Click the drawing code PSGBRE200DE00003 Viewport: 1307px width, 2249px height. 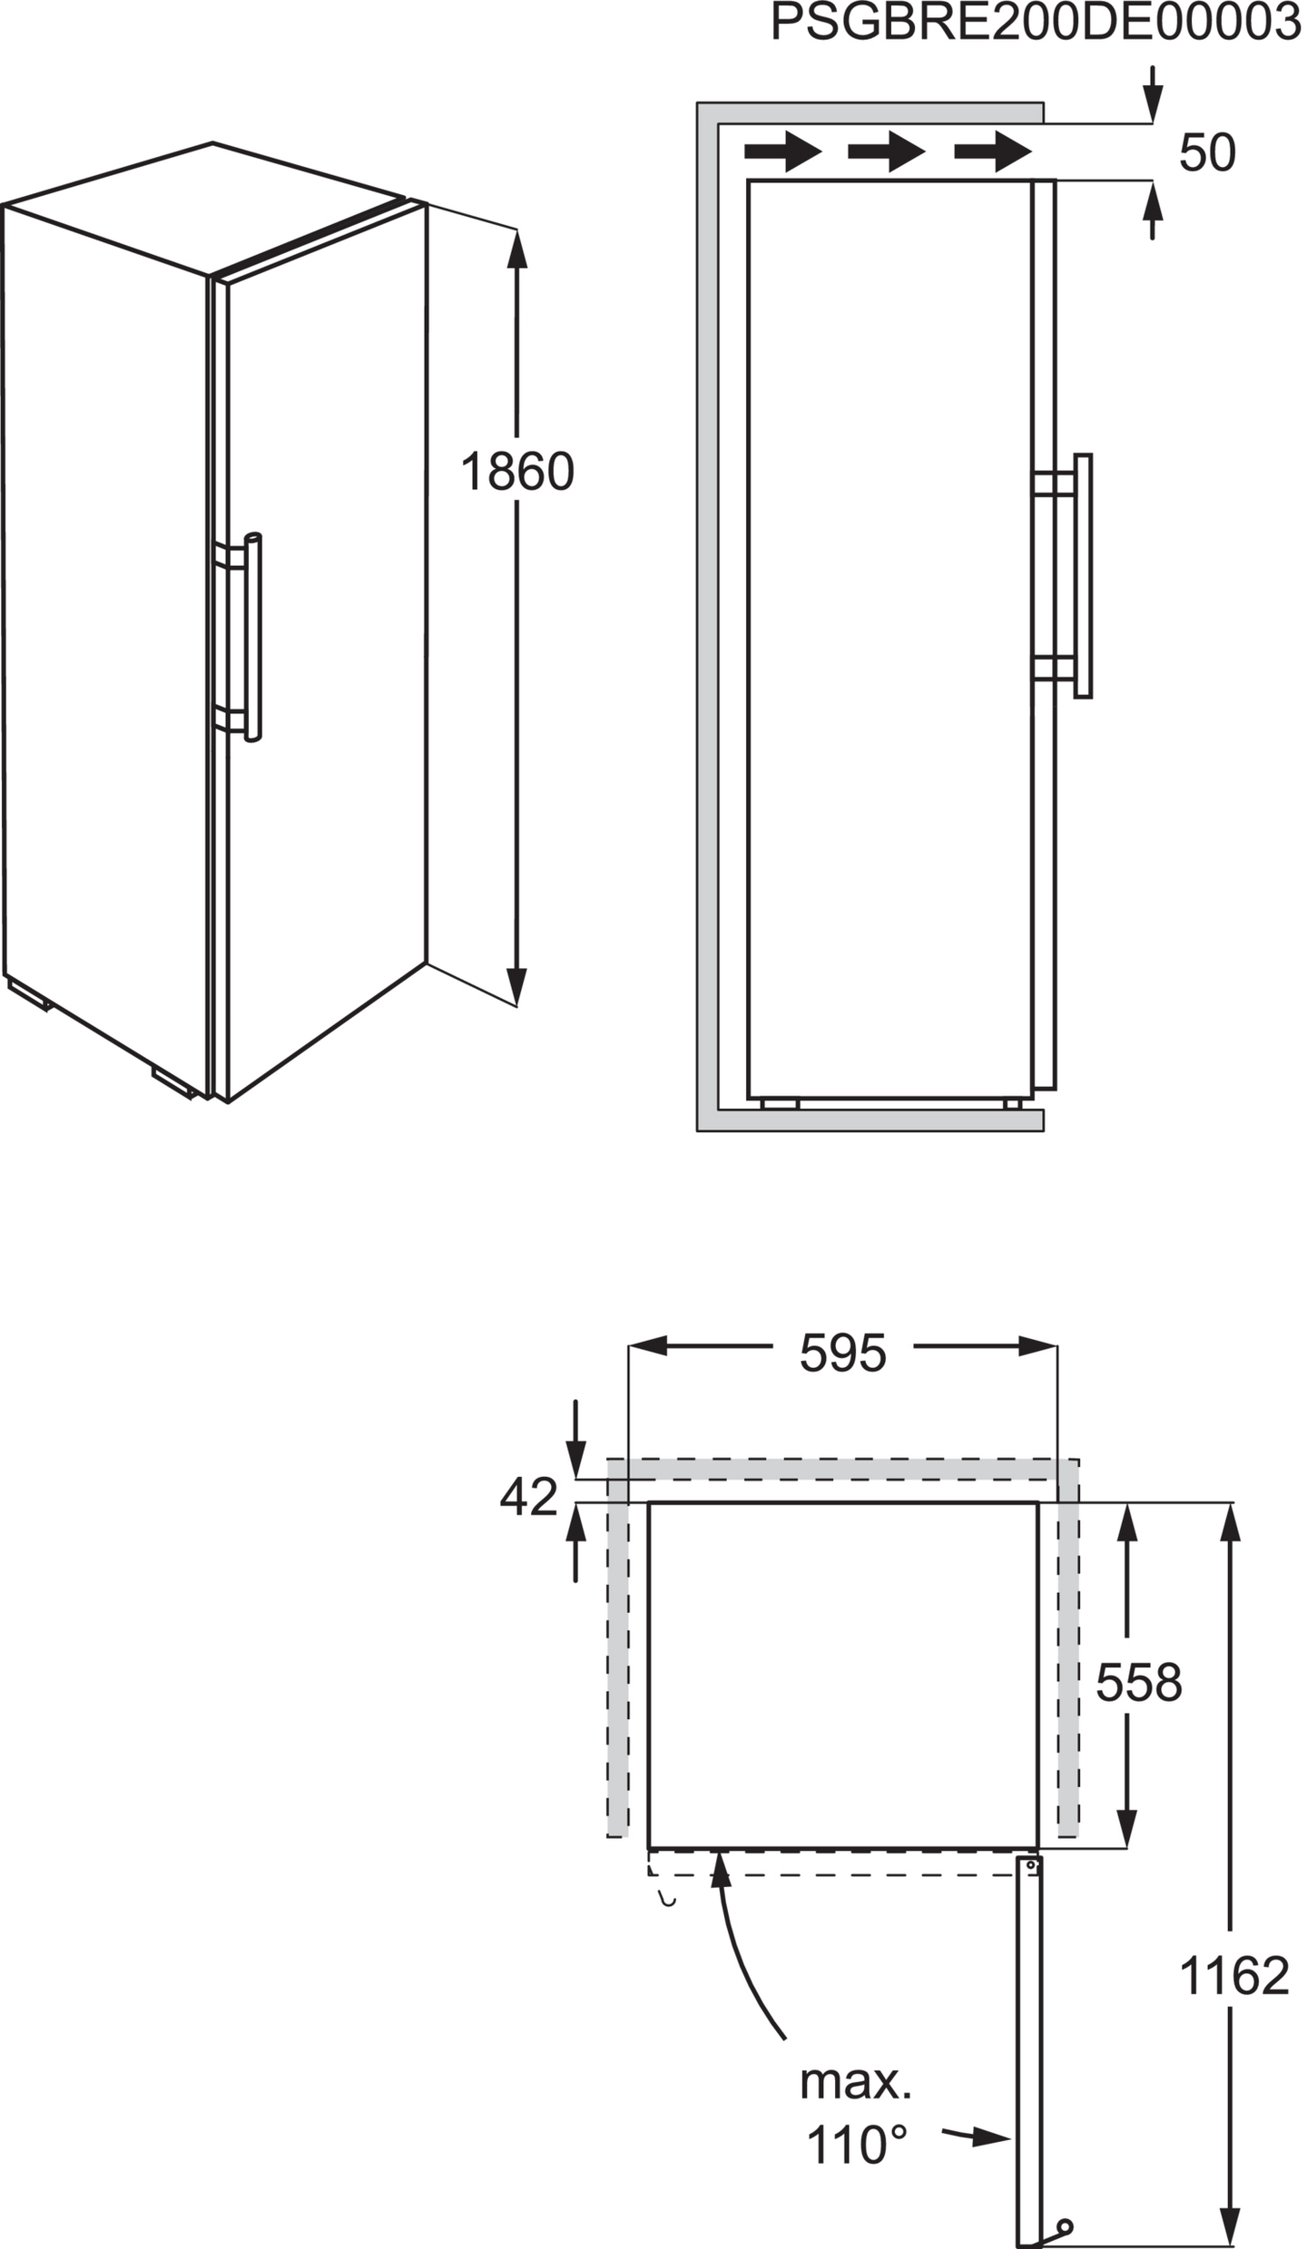click(1035, 23)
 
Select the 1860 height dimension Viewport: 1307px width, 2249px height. click(516, 472)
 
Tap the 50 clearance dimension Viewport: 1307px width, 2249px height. click(1206, 152)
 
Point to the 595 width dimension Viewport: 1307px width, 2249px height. click(841, 1354)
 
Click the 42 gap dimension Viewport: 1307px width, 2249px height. click(528, 1497)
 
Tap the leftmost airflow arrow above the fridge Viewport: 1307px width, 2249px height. click(782, 152)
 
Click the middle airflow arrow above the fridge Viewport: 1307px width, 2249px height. click(886, 152)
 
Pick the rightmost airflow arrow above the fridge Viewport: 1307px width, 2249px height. click(992, 152)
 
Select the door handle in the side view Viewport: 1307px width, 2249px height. click(1082, 576)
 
